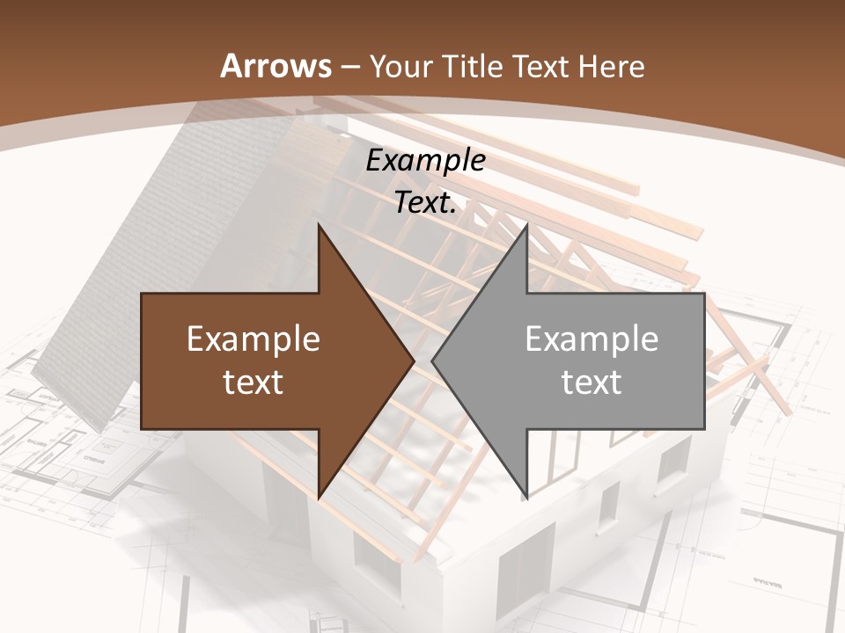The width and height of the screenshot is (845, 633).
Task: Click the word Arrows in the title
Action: click(276, 66)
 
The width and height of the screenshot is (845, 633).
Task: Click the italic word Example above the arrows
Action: click(425, 160)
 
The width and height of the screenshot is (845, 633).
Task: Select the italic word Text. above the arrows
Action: click(425, 202)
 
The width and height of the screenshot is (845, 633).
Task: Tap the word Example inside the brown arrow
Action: click(253, 338)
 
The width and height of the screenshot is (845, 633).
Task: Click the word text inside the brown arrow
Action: click(253, 382)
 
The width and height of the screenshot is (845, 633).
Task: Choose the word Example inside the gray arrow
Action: click(591, 338)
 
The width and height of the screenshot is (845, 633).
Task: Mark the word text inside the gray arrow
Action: click(591, 382)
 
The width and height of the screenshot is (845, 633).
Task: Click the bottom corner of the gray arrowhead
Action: click(526, 498)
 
